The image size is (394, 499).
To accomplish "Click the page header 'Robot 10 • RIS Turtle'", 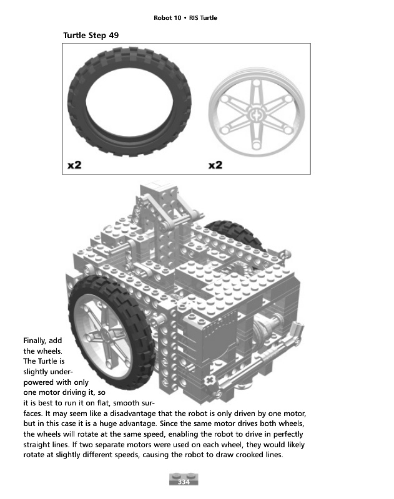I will click(185, 17).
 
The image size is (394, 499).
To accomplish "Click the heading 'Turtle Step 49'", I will click(91, 35).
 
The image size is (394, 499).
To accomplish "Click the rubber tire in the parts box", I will click(132, 102).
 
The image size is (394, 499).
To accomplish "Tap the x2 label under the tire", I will click(74, 165).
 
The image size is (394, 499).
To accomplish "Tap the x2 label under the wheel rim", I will click(215, 165).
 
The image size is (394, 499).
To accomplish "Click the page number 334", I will click(184, 483).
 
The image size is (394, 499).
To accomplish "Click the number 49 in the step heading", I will click(114, 35).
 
